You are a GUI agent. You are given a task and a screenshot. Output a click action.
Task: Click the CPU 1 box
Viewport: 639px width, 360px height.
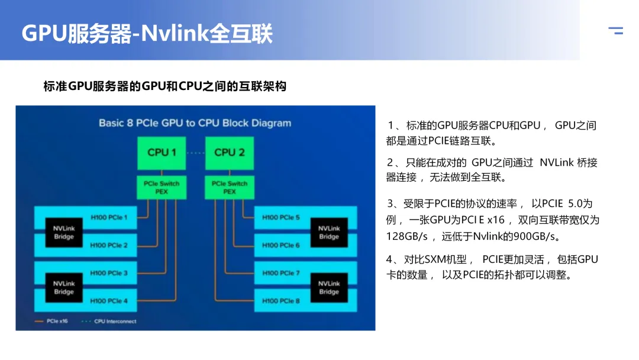tap(162, 153)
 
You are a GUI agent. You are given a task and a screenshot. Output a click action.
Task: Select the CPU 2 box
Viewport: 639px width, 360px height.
tap(230, 153)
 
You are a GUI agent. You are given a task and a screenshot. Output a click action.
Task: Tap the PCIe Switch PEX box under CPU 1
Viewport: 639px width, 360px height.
tap(162, 188)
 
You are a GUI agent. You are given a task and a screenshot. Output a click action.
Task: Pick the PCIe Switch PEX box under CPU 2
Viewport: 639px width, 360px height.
tap(230, 188)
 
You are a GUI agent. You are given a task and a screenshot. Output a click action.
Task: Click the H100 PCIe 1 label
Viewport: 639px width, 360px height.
tap(109, 217)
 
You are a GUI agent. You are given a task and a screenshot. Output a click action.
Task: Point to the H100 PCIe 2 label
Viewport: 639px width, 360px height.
tap(109, 245)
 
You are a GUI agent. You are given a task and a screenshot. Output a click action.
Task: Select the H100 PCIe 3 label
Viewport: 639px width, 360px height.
tap(109, 273)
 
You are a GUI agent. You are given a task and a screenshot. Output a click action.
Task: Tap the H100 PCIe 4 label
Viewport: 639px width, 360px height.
tap(109, 301)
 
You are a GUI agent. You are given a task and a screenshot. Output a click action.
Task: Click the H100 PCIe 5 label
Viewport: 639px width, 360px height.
tap(281, 217)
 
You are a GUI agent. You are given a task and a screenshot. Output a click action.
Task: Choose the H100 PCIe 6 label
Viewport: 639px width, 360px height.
tap(281, 245)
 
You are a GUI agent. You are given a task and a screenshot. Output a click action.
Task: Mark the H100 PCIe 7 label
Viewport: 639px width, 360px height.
tap(281, 273)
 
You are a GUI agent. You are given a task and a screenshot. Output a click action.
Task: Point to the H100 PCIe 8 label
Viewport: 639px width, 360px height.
tap(281, 301)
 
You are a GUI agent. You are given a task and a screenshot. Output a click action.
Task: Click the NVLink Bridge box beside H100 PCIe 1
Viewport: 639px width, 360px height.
tap(64, 232)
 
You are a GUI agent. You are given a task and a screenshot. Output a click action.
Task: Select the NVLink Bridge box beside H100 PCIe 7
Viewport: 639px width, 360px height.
tap(329, 288)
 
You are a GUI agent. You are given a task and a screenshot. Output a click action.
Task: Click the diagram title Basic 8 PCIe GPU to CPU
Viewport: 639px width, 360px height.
tap(195, 123)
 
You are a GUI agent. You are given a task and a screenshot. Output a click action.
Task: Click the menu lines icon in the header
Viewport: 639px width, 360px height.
tap(615, 31)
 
